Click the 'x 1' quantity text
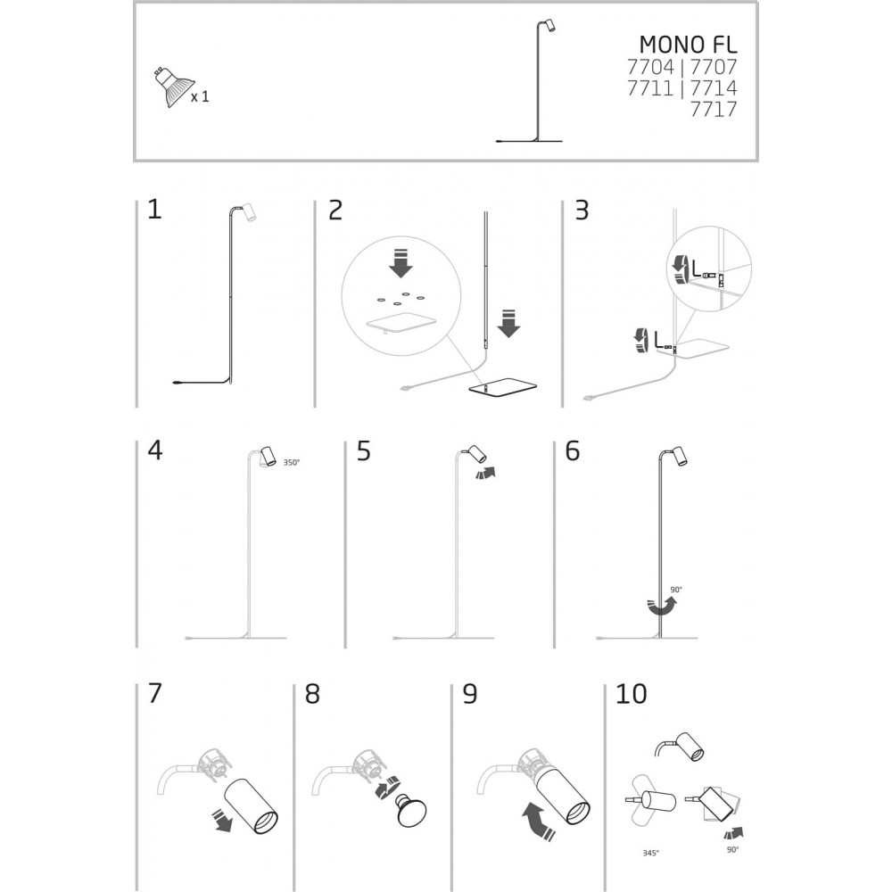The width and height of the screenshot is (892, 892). pos(200,96)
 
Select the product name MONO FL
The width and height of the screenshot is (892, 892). pos(688,45)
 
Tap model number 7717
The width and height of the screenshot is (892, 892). pos(714,109)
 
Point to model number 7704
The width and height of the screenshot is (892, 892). pos(650,67)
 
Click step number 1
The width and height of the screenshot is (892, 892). pos(154,210)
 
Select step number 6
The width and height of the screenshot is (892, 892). pos(573,450)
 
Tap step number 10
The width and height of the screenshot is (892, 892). pos(631,694)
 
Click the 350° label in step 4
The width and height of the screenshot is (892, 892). pos(292,462)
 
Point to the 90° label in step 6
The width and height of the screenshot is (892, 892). pos(676,590)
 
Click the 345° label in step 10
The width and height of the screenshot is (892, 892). pos(651,854)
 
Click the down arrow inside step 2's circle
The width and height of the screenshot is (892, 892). pos(401,263)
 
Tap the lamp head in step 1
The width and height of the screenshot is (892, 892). pos(248,211)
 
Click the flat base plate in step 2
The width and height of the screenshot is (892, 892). pos(503,389)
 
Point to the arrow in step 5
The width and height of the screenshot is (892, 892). pos(485,473)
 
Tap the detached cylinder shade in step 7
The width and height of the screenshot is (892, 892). pos(252,806)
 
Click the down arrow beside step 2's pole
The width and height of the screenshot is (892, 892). pos(508,323)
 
